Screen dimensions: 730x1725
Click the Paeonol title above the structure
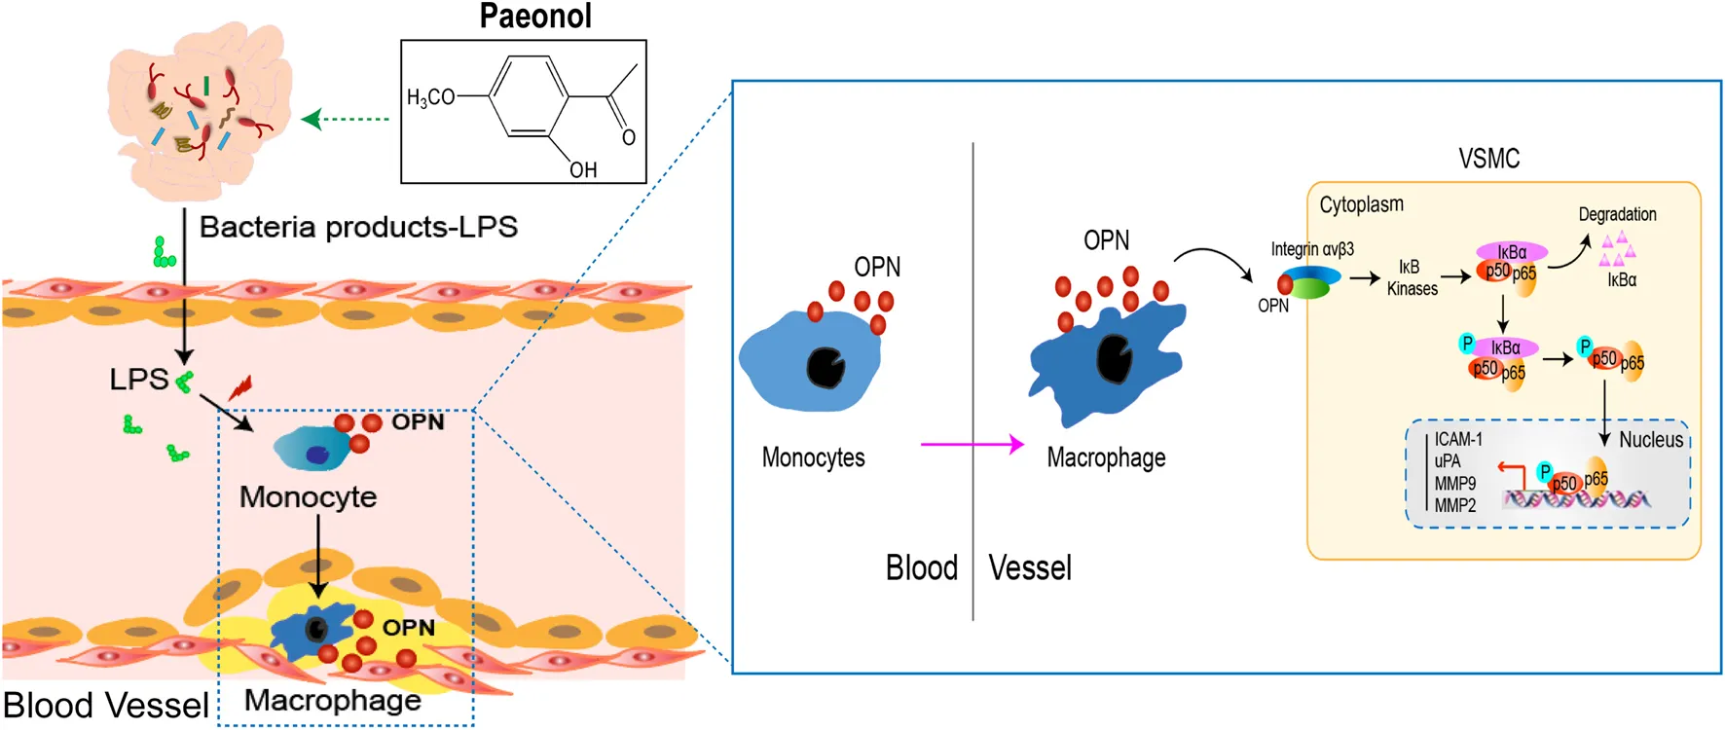coord(535,17)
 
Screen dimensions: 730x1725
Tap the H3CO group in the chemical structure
coord(430,97)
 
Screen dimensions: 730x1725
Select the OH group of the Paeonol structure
coord(583,170)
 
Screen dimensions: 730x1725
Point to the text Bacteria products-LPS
coord(358,227)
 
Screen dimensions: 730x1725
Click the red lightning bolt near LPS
coord(240,387)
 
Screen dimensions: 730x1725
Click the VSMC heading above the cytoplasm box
coord(1488,159)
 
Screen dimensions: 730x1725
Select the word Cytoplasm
coord(1361,204)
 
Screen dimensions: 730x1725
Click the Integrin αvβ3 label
coord(1311,249)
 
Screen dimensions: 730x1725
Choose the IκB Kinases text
coord(1412,277)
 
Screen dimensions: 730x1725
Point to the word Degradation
coord(1617,214)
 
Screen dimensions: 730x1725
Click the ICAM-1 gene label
coord(1457,439)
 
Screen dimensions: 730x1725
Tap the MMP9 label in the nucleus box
coord(1454,484)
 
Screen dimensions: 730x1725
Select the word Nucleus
coord(1651,440)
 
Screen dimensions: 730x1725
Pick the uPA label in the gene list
coord(1448,461)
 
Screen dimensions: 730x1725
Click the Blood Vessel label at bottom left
coord(105,705)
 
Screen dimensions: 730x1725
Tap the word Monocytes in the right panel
coord(813,457)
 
